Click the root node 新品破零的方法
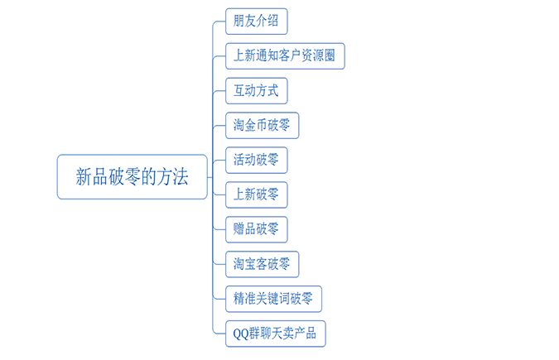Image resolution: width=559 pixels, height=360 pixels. coord(132,177)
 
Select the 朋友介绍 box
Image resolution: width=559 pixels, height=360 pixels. coord(256,21)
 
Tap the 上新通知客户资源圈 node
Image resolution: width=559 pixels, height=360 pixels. coord(285,55)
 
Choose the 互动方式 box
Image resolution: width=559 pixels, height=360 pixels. coord(256,90)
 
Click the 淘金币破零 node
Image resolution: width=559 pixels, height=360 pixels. coord(262,125)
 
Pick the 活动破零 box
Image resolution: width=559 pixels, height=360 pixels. coord(256,160)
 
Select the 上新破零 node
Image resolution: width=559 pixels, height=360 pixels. coord(256,194)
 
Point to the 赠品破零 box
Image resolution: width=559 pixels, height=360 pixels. coord(256,229)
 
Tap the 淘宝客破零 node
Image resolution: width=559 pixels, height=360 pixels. coord(262,264)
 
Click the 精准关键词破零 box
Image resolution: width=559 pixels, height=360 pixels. coord(273,299)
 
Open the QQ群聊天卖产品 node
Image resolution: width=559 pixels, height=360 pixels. coord(275,334)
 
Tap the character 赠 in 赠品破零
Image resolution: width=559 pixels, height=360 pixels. coord(239,229)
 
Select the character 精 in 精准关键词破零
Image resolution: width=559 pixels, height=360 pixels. coord(239,299)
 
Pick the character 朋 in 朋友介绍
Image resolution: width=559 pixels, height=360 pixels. coord(239,21)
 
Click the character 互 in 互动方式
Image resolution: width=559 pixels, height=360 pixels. coord(239,90)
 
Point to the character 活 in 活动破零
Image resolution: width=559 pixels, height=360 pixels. coord(239,160)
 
